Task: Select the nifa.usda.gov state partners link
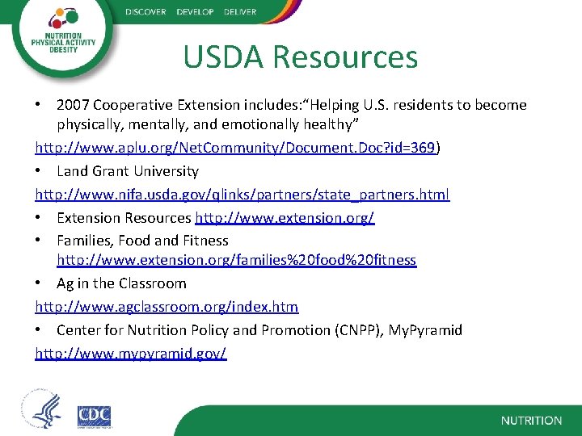pos(242,195)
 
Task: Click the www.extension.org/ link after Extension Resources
pos(284,218)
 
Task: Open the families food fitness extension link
pos(236,260)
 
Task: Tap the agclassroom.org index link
pos(167,307)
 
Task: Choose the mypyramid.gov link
pos(131,354)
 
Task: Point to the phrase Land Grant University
pos(128,171)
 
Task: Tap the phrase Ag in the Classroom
pos(121,283)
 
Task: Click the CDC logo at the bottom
pos(94,417)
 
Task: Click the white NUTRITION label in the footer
pos(531,421)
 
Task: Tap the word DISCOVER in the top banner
pos(145,12)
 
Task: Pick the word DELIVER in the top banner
pos(238,12)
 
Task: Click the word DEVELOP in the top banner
pos(192,12)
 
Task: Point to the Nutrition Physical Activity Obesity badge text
pos(63,43)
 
